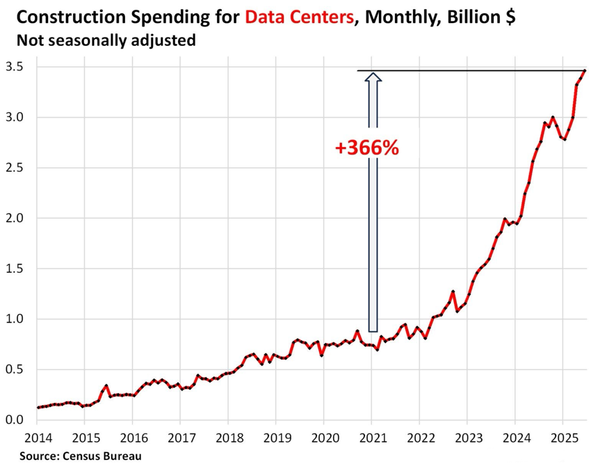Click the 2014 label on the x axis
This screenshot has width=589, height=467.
37,440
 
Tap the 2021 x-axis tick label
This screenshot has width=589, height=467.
371,440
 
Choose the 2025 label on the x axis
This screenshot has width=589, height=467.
563,440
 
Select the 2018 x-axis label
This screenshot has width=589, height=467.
228,440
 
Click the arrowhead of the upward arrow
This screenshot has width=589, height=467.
373,77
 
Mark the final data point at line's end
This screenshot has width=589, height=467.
585,70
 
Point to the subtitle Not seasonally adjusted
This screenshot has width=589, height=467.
105,40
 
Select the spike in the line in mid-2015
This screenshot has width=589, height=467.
106,385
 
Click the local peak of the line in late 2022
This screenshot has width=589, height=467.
453,292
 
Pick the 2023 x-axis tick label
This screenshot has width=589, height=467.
467,440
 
